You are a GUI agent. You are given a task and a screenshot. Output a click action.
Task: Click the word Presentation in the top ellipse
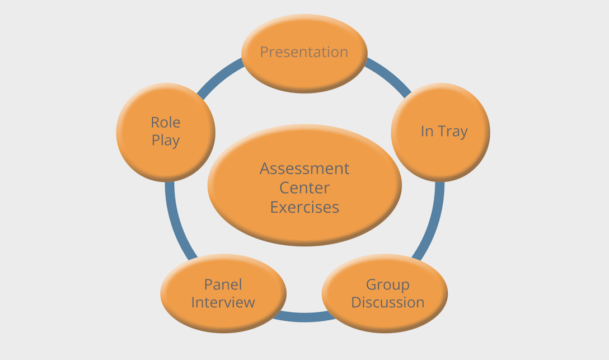tap(304, 52)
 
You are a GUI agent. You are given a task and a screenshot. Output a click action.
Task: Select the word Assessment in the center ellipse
tap(304, 169)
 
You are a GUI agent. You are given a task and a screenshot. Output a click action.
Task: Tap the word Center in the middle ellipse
tap(304, 188)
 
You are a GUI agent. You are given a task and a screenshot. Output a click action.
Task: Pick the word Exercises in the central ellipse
tap(304, 207)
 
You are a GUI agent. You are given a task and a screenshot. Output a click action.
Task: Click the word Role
tap(166, 122)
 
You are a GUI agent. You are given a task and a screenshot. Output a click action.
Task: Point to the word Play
tap(166, 140)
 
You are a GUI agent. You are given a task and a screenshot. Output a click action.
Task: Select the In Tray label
tap(444, 131)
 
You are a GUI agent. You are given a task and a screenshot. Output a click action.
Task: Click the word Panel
tap(223, 284)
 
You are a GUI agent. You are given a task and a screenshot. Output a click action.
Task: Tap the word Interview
tap(223, 302)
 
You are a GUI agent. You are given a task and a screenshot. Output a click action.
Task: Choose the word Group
tap(387, 284)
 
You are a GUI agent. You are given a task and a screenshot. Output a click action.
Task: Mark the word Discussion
tap(387, 302)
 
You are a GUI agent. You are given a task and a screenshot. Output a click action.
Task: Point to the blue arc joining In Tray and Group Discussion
tap(432, 224)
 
